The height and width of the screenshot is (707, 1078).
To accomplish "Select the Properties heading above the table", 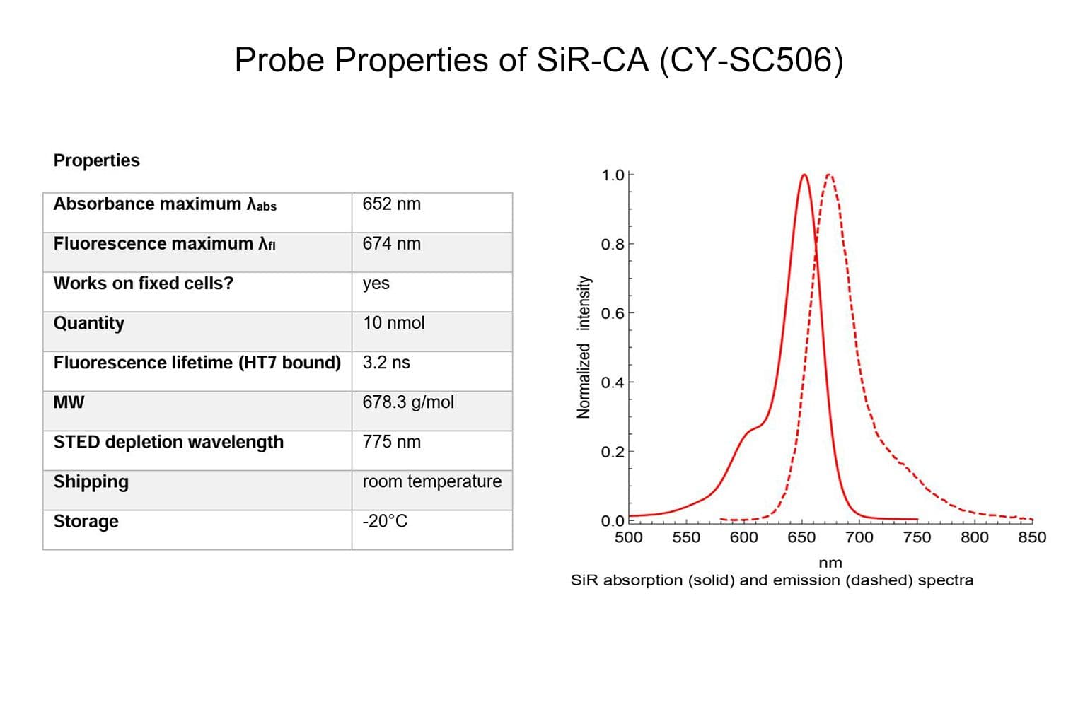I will pos(96,160).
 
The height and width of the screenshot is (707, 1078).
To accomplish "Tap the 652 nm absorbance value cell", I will pos(391,204).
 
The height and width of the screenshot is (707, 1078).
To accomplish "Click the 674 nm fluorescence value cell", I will pos(391,244).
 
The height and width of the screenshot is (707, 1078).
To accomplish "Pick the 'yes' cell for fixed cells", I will pos(376,284).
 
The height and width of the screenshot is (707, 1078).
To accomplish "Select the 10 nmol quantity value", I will pos(393,323).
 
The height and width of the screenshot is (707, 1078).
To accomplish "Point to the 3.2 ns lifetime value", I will pos(386,363).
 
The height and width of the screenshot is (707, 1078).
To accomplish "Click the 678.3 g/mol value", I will pos(408,402).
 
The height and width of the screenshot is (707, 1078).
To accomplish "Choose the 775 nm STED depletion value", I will pos(391,442).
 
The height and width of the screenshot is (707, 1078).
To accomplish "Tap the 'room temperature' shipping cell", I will pos(431,481).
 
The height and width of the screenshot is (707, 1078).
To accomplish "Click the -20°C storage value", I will pos(385,521).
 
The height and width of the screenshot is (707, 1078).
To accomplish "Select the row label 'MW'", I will pos(69,402).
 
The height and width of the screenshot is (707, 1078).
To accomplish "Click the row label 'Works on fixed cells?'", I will pos(143,284).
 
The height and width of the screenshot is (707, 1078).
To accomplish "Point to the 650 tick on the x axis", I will pos(801,537).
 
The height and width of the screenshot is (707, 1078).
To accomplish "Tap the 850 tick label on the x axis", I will pos(1031,537).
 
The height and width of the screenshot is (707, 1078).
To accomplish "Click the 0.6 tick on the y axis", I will pos(613,313).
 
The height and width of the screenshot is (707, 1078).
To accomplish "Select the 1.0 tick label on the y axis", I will pos(613,175).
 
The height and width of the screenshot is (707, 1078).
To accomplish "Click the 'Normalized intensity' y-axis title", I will pos(584,346).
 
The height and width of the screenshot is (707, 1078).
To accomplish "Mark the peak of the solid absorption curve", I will pos(804,175).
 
